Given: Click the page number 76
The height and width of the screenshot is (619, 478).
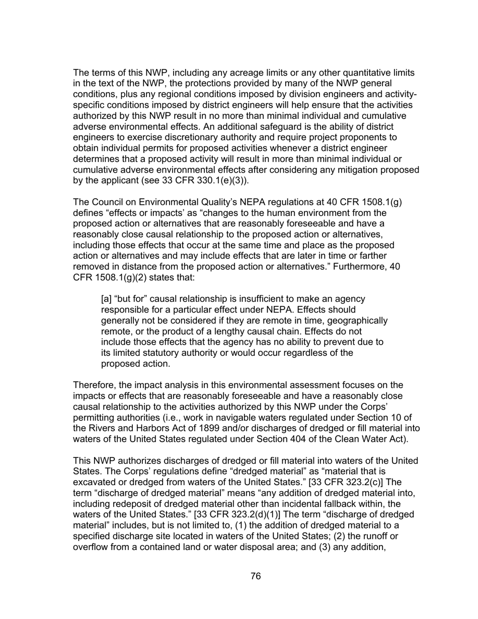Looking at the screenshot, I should click(x=256, y=576).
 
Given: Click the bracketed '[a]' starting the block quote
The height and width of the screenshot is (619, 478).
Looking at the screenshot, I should click(x=106, y=299).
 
